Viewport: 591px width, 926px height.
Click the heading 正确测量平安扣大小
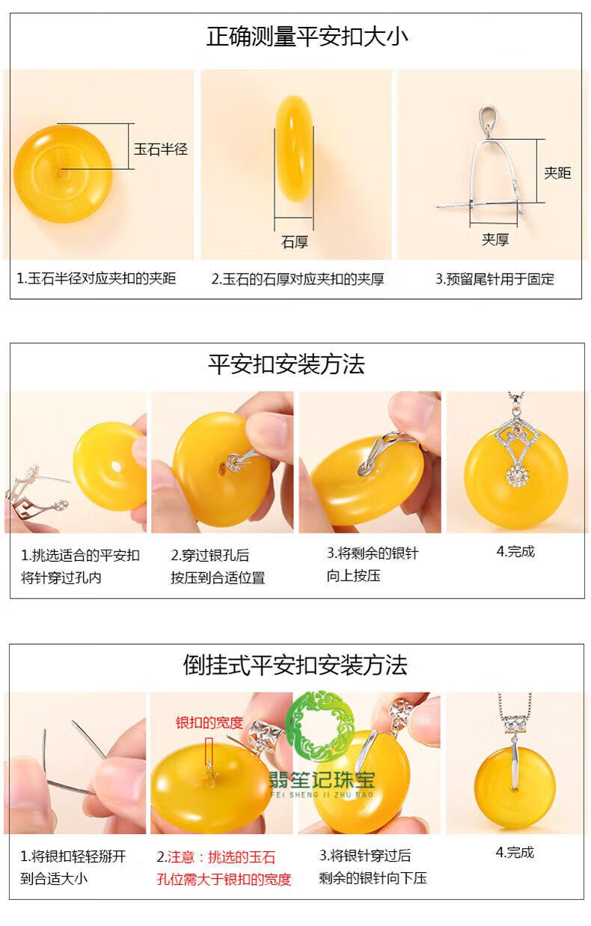tap(307, 37)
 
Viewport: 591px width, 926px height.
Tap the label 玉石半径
tap(160, 150)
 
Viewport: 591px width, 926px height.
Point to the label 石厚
tap(295, 242)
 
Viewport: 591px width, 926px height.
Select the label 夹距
tap(557, 173)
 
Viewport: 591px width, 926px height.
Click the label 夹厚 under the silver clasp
tap(494, 239)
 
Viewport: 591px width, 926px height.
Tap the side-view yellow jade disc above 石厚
tap(294, 149)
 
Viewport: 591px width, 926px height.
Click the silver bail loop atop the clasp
tap(489, 119)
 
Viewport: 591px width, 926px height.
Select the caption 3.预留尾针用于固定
tap(494, 279)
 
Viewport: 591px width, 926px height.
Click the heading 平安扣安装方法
tap(287, 364)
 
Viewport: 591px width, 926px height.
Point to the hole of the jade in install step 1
tap(117, 467)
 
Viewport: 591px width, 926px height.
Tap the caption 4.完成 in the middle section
tap(515, 551)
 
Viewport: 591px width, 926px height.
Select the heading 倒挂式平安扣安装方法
tap(295, 666)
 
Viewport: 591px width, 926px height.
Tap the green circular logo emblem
tap(321, 726)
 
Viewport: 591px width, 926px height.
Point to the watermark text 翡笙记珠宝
tap(322, 779)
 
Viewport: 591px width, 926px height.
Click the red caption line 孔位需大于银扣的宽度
tap(224, 880)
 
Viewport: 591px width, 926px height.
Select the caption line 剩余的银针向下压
tap(373, 878)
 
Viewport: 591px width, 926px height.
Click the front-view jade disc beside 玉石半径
tap(63, 174)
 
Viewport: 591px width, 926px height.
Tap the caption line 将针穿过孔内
tap(61, 577)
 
